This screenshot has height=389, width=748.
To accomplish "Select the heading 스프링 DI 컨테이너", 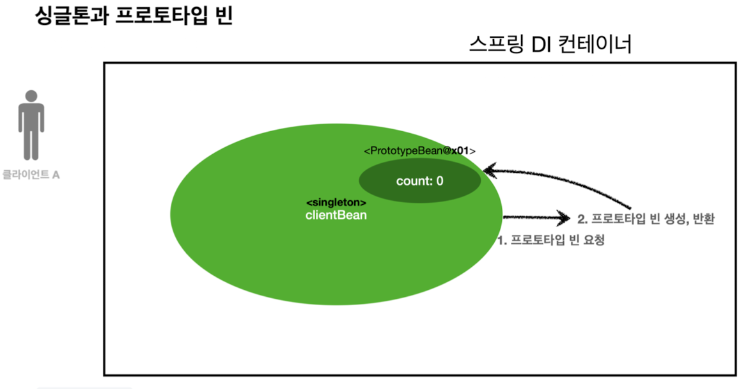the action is click(550, 45).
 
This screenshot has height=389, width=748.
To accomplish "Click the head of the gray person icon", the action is click(31, 98).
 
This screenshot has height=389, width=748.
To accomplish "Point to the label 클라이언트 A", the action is click(31, 174).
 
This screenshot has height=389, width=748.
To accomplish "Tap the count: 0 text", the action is click(419, 181).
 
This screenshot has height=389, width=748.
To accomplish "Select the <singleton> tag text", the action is click(336, 202).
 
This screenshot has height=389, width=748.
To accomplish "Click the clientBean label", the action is click(336, 216).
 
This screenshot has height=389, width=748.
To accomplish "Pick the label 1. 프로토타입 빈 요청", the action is click(550, 241).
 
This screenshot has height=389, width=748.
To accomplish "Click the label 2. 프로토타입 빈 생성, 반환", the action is click(645, 219).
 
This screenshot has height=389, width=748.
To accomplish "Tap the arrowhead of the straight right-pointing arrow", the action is click(563, 218).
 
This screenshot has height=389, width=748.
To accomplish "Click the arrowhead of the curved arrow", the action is click(490, 170).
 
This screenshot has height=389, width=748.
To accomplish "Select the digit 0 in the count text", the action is click(440, 181).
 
